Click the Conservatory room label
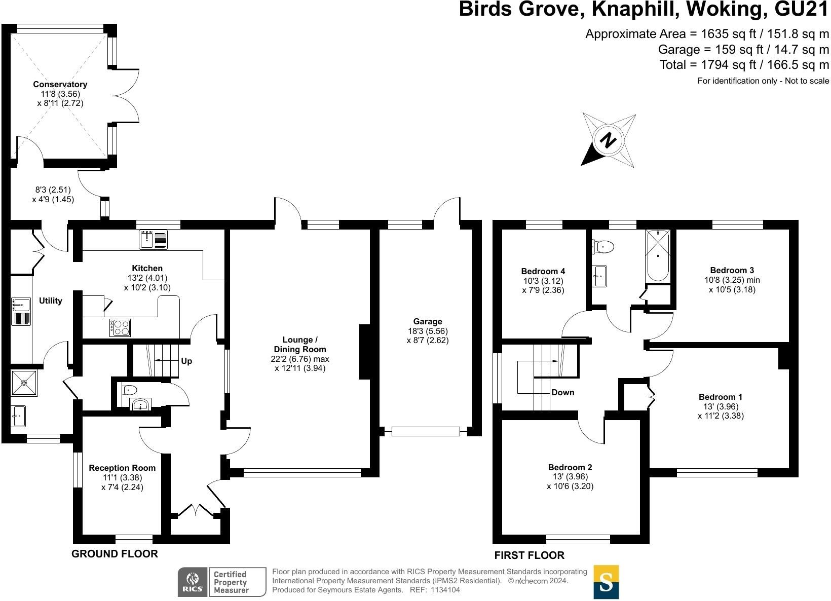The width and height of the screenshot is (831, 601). (x=60, y=84)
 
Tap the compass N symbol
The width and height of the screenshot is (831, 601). (x=609, y=140)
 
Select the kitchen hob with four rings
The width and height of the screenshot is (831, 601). (x=120, y=327)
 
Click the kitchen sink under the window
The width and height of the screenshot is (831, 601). (x=154, y=240)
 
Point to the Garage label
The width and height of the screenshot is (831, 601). (x=428, y=321)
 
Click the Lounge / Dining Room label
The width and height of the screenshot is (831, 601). (x=300, y=345)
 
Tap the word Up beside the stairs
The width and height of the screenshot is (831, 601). (x=186, y=361)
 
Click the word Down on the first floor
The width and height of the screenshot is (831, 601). (x=563, y=392)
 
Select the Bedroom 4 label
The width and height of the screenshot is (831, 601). (x=543, y=271)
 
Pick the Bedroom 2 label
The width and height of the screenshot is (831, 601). (x=570, y=467)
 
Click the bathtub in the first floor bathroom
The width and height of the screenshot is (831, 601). (x=658, y=256)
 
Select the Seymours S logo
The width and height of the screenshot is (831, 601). (x=606, y=582)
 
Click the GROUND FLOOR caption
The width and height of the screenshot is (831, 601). (x=115, y=554)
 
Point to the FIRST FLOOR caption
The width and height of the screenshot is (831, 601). (x=529, y=555)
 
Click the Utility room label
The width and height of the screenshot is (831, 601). (x=51, y=301)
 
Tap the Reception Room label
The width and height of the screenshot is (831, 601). (x=122, y=468)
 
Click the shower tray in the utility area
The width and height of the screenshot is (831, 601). (x=23, y=384)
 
